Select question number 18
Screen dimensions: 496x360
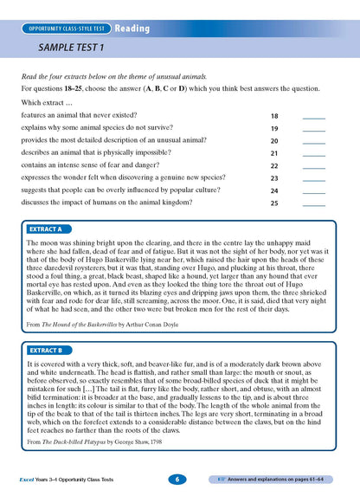[x=274, y=116]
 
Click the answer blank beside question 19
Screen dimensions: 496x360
[x=314, y=128]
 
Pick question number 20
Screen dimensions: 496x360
[x=274, y=141]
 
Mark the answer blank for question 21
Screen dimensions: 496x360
[x=314, y=153]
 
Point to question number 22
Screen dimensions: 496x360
[x=274, y=166]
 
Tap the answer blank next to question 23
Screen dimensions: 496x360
[x=314, y=178]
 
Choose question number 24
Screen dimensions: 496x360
[x=274, y=190]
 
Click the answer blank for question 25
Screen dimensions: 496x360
[x=314, y=203]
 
